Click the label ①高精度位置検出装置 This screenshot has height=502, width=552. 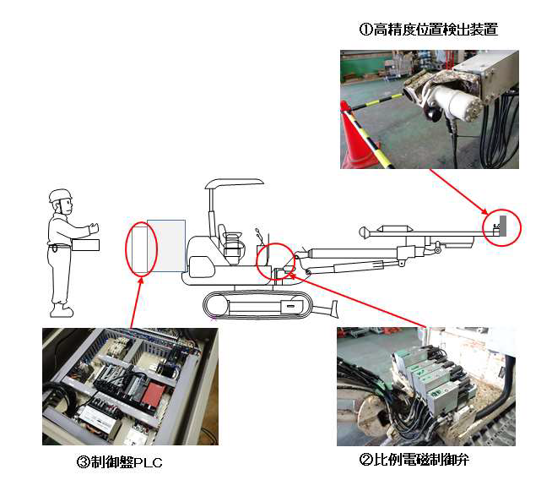click(x=428, y=30)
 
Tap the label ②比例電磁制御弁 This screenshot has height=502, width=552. click(x=414, y=461)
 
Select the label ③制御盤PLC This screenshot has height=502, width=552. click(x=113, y=463)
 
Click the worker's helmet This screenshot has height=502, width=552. click(x=60, y=197)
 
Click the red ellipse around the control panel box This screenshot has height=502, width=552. click(x=140, y=248)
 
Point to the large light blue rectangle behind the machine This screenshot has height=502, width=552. click(x=166, y=245)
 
